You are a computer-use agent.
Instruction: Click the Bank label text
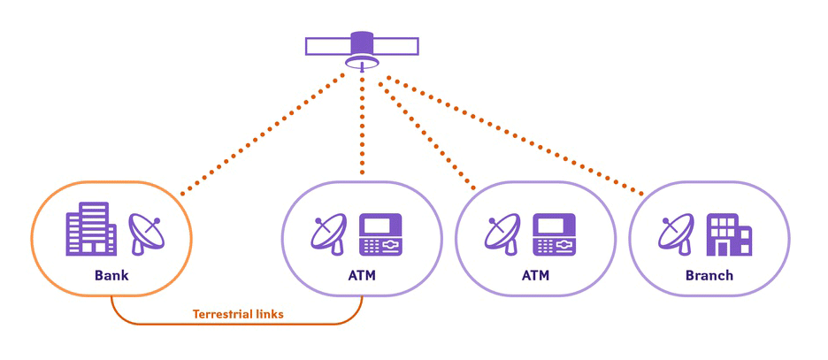coord(112,275)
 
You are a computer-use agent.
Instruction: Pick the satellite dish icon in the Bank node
coord(147,232)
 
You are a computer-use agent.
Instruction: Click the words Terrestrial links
coord(238,313)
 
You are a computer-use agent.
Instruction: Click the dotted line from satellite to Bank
coord(265,133)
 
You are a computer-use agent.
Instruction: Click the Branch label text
coord(709,275)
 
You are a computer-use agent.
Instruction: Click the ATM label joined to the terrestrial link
coord(362,275)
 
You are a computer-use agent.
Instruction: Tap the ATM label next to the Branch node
coord(535,275)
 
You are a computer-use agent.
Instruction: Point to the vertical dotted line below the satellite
coord(363,124)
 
